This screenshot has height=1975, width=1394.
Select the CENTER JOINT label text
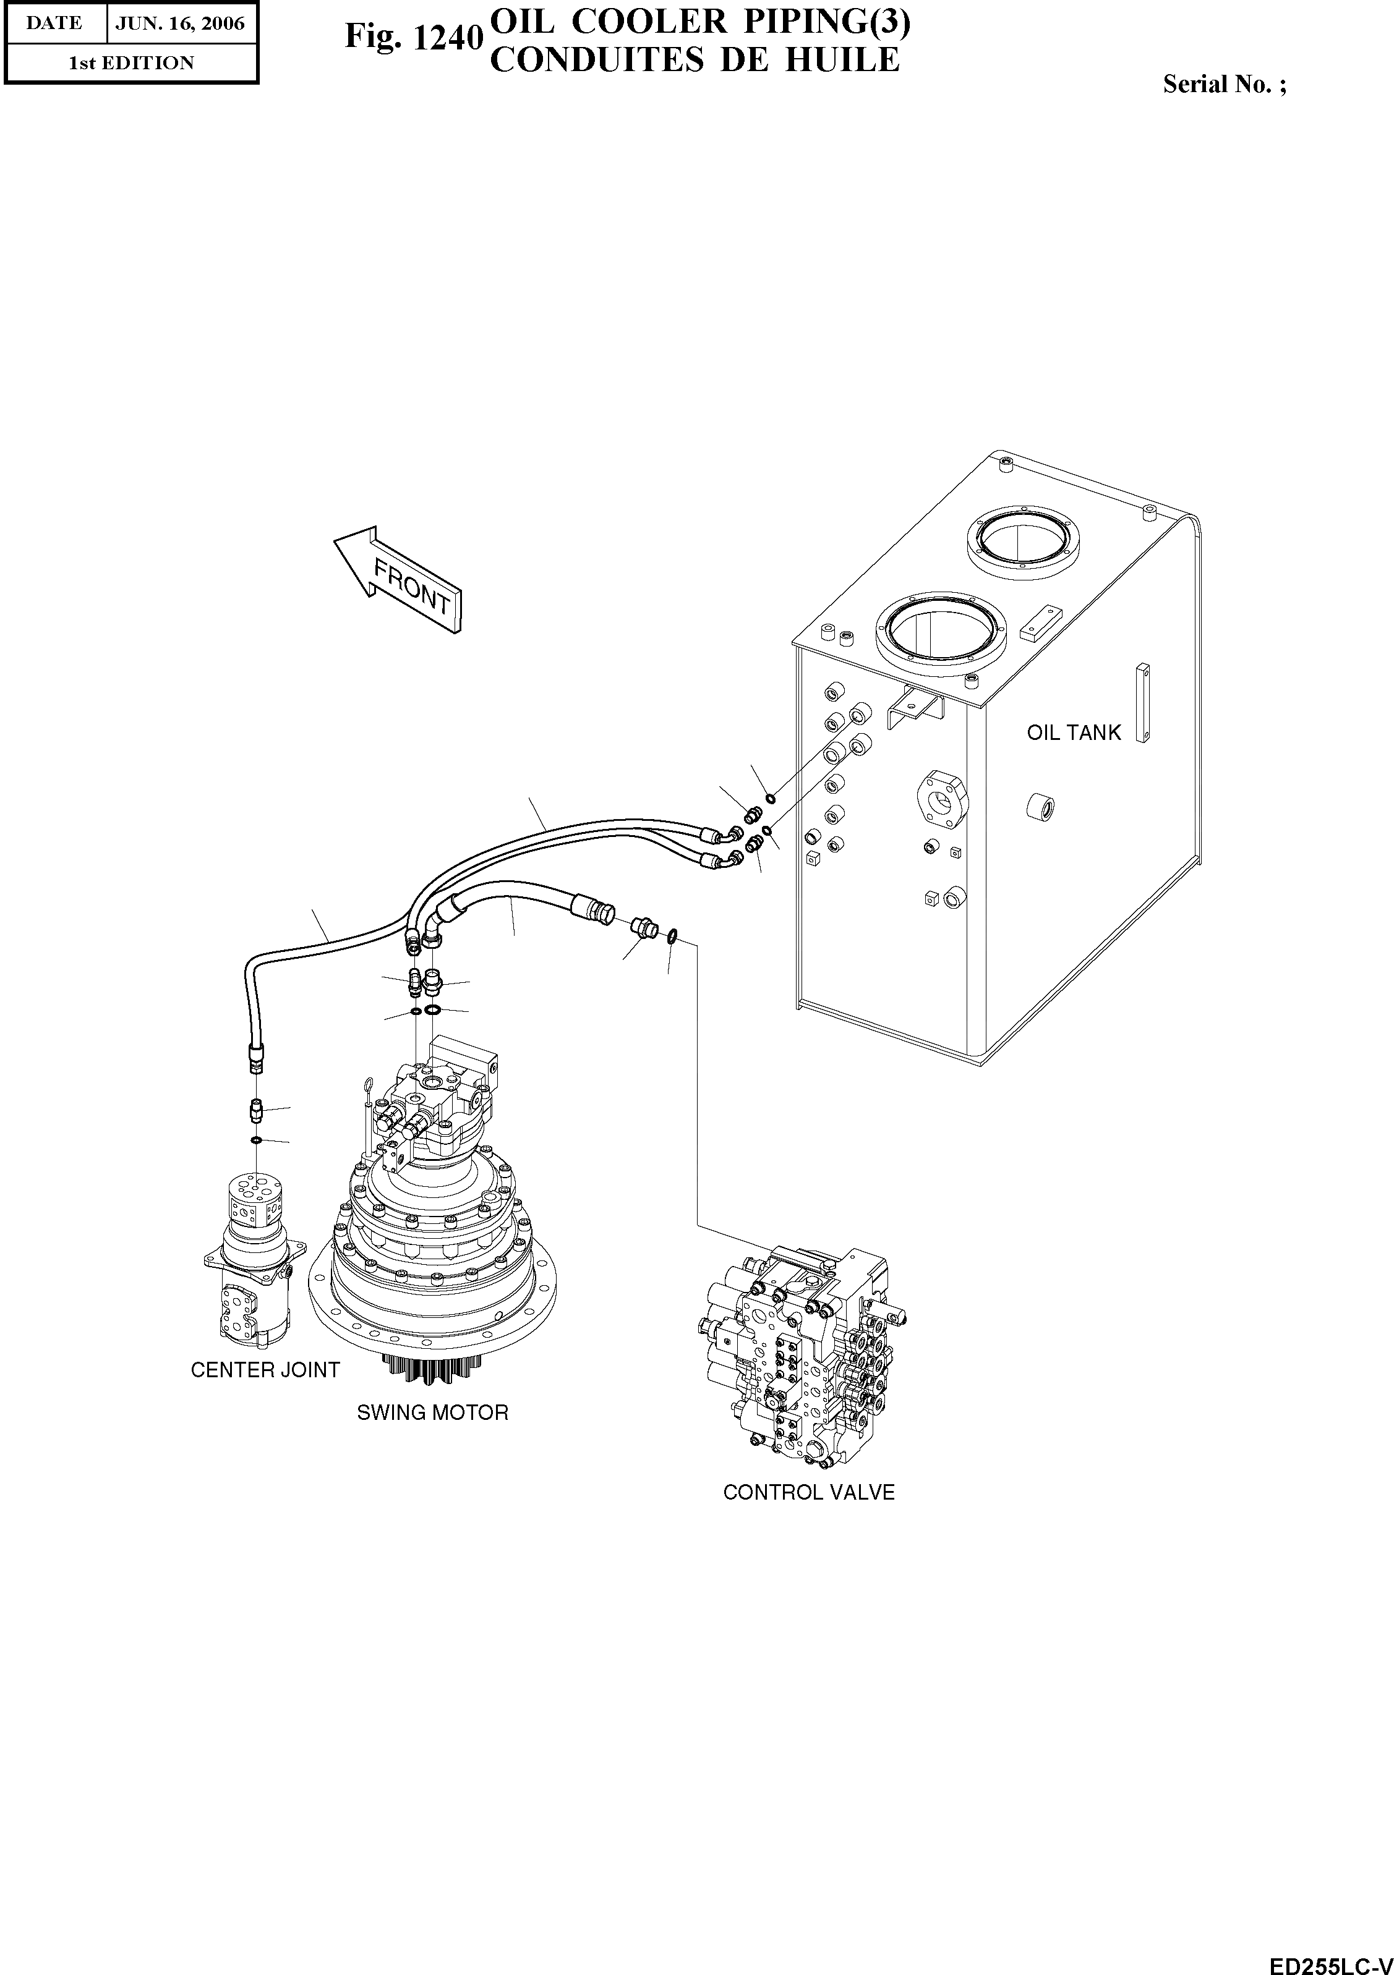tap(265, 1369)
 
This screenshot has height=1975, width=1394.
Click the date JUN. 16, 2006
tap(180, 23)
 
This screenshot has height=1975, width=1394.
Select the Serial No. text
tap(1224, 84)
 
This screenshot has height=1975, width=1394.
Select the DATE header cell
tap(54, 23)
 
